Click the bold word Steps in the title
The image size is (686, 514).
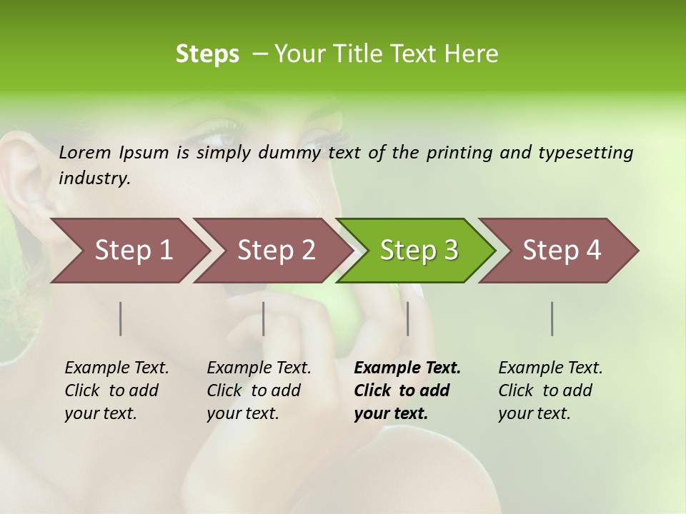pos(207,54)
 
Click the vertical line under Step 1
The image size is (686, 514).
pos(121,318)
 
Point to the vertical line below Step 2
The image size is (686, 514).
pos(264,318)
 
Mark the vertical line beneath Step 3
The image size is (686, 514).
pos(407,318)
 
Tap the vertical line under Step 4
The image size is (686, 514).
pos(552,318)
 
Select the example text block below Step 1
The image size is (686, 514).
pos(116,390)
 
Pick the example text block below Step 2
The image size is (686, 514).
pos(259,390)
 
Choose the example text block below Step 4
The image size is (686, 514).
pos(550,390)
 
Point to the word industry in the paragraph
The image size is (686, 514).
pos(94,178)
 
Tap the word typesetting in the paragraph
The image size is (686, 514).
pos(585,152)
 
